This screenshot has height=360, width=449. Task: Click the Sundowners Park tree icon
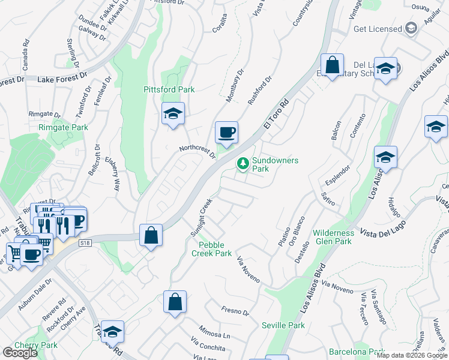[x=243, y=163]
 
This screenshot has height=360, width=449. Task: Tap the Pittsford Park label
[x=169, y=89]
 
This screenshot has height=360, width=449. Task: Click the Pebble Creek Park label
[x=211, y=249]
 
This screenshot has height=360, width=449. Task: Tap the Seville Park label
[x=283, y=325]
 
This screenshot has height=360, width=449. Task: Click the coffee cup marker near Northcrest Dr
[x=226, y=133]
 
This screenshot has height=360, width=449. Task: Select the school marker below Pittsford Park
[x=173, y=113]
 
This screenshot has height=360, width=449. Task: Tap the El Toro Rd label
[x=276, y=114]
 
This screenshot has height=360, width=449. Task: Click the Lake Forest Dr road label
[x=62, y=79]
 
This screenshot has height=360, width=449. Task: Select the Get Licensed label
[x=378, y=29]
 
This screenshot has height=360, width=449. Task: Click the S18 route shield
[x=85, y=242]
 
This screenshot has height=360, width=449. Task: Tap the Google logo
[x=20, y=353]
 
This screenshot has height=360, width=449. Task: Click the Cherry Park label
[x=36, y=345]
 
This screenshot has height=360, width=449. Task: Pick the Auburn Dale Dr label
[x=35, y=298]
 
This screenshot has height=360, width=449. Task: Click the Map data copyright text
[x=411, y=355]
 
